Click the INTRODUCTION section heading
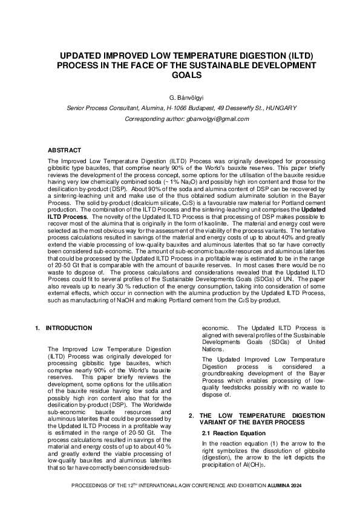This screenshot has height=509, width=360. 69,328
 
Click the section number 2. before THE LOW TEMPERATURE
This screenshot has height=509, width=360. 191,415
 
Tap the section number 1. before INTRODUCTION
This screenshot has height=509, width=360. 38,328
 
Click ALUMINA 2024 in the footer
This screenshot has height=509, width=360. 287,487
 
